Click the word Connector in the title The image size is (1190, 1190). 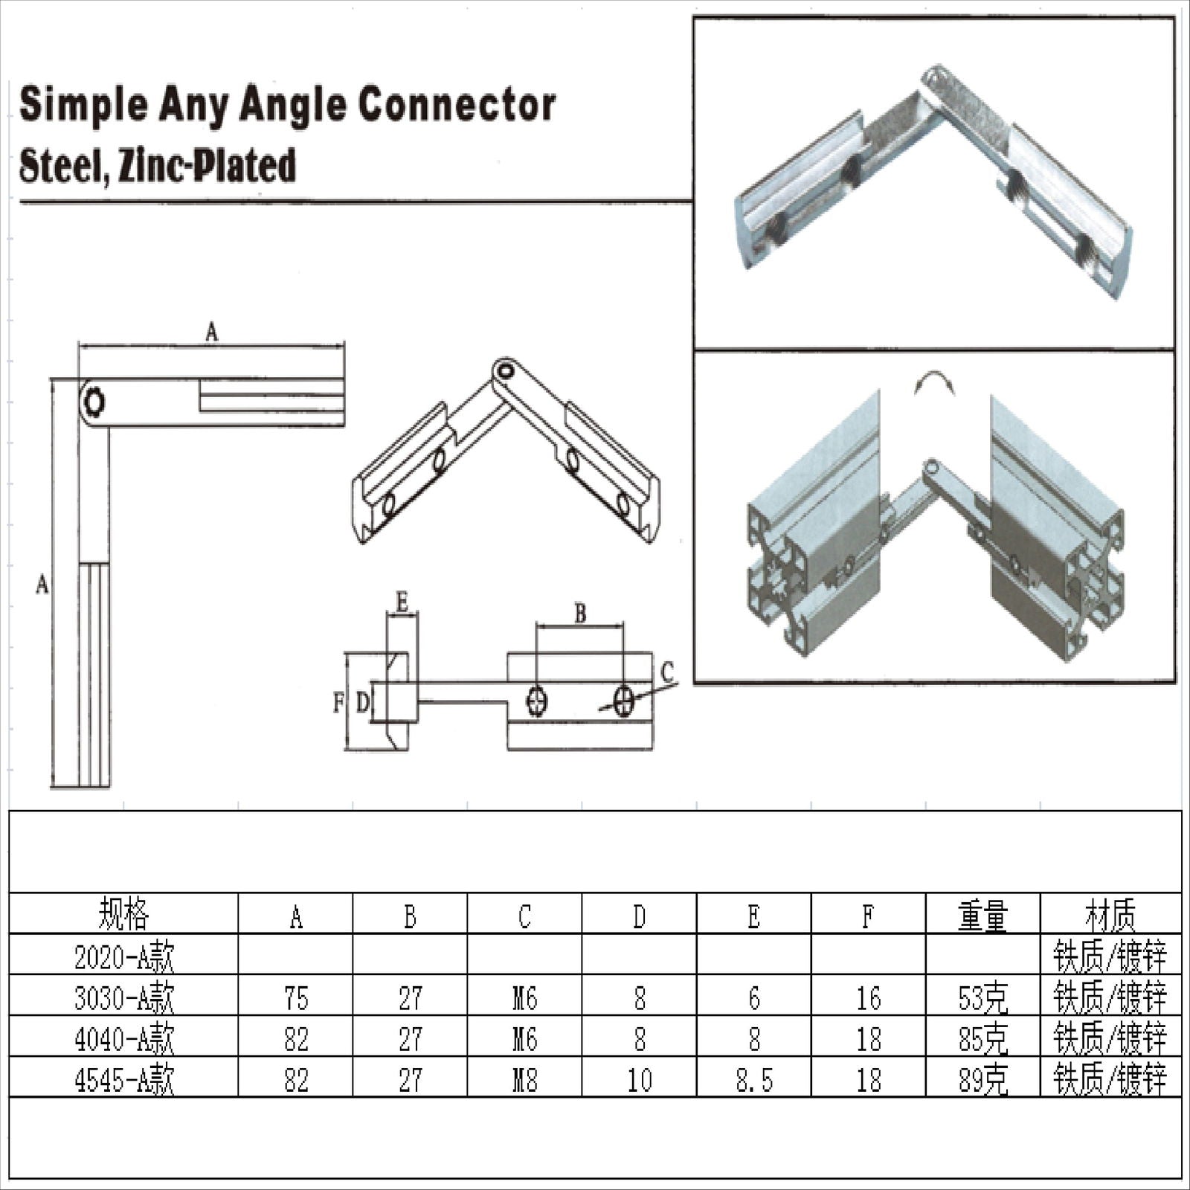click(456, 106)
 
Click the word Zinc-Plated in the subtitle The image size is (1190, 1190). click(208, 165)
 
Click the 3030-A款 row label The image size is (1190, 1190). click(123, 998)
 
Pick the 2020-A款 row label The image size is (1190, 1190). click(123, 957)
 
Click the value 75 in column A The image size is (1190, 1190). click(296, 998)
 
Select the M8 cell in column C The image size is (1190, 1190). click(524, 1079)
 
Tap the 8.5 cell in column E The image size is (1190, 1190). click(753, 1079)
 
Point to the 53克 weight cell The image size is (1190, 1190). click(982, 998)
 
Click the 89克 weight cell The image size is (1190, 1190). click(982, 1079)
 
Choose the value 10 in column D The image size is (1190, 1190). click(639, 1079)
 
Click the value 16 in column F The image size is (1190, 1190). click(868, 998)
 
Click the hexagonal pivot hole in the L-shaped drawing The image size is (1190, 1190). click(94, 402)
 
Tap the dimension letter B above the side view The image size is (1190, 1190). click(580, 614)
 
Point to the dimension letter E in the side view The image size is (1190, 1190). click(402, 602)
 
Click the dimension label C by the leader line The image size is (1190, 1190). click(667, 673)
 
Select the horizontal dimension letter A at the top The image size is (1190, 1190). click(212, 332)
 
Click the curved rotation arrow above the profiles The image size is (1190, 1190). click(934, 384)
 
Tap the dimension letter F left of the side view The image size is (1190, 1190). click(338, 702)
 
